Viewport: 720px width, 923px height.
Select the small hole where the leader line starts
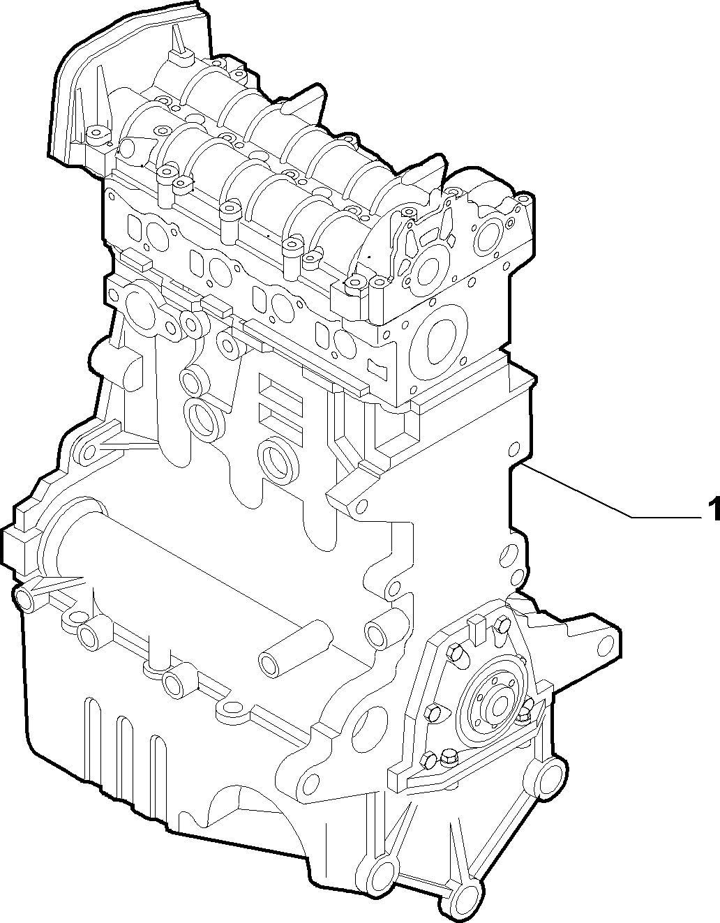pyautogui.click(x=513, y=449)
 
